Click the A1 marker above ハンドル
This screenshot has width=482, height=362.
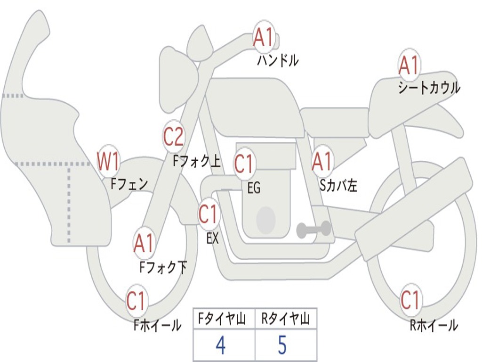[x=264, y=37]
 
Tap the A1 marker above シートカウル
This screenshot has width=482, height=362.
[x=409, y=66]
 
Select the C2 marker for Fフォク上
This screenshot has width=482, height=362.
[x=174, y=137]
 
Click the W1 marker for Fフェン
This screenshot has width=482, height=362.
[x=108, y=162]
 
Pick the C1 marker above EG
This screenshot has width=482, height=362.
[x=244, y=164]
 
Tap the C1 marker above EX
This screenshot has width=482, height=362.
[x=208, y=214]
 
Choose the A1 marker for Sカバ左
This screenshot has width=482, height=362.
[x=322, y=162]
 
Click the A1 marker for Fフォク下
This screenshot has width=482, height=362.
[x=144, y=244]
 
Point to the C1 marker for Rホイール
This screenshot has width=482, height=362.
[x=410, y=299]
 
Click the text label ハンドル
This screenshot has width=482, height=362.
[x=278, y=60]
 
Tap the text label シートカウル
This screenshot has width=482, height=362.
[x=429, y=88]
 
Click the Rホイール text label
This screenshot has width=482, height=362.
[x=434, y=325]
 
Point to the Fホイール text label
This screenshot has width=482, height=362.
[x=157, y=325]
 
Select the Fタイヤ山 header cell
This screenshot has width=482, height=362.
[x=224, y=320]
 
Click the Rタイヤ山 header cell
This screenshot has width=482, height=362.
[x=286, y=320]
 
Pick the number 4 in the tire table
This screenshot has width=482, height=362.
[x=220, y=346]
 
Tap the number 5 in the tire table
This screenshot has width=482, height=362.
[x=282, y=346]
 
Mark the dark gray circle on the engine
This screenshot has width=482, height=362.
[x=266, y=220]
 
